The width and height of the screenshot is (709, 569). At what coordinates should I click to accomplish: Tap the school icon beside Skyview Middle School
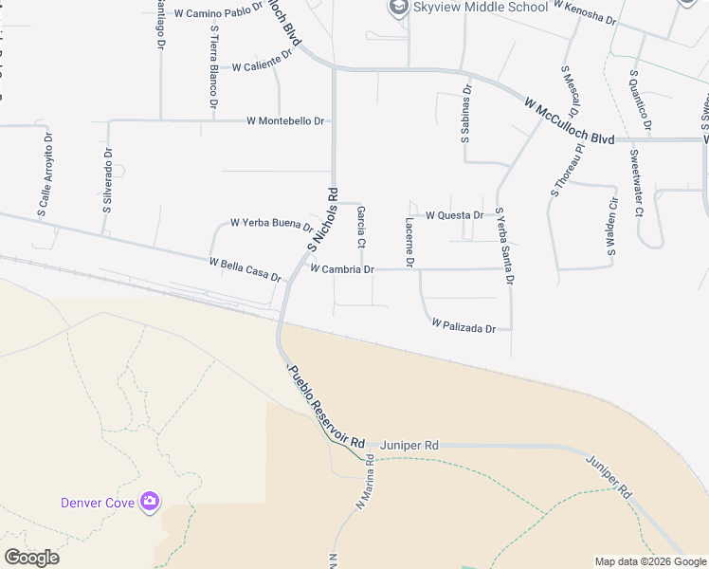396,9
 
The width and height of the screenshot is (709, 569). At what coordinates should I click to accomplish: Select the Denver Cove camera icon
149,501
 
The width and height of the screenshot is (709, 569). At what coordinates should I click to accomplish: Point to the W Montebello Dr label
285,121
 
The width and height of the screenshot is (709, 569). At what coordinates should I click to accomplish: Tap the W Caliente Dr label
262,66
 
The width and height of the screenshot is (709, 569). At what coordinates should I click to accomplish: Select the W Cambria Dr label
342,269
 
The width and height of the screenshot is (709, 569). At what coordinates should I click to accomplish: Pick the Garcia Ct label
361,229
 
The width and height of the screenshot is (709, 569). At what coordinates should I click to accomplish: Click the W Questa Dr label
454,215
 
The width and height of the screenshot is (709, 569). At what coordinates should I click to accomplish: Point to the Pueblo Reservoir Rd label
326,409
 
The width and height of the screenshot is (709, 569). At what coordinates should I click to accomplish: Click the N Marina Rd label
365,486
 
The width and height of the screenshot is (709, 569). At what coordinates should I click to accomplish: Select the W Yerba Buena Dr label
272,225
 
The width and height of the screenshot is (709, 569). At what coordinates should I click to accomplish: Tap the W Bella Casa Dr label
245,268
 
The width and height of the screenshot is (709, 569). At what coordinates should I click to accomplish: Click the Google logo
31,558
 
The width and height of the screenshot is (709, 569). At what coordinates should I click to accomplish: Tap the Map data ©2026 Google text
650,561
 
